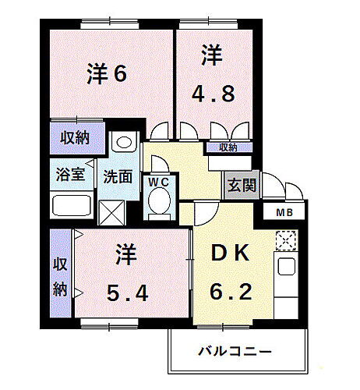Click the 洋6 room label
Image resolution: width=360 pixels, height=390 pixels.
(x=106, y=74)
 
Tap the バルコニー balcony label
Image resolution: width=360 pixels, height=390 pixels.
(x=235, y=351)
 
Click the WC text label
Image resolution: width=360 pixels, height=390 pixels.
(x=160, y=181)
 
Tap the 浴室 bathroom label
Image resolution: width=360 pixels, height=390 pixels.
(x=70, y=175)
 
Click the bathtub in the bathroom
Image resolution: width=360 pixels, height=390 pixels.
(x=72, y=207)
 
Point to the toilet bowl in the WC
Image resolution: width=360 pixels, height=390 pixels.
(x=160, y=204)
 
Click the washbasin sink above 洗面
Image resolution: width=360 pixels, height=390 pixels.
(x=122, y=144)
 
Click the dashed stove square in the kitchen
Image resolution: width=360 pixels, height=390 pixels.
(x=285, y=241)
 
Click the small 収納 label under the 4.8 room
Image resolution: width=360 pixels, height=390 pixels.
(x=228, y=147)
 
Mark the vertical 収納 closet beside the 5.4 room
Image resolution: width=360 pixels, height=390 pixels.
(x=61, y=273)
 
